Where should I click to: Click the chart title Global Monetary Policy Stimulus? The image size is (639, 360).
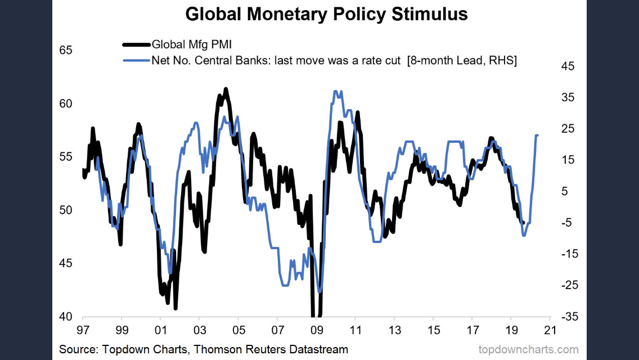pos(326,14)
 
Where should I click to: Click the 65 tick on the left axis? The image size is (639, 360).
pos(66,50)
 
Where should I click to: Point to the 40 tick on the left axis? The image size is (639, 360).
pos(66,317)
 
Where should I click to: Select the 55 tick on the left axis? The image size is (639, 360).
pos(66,156)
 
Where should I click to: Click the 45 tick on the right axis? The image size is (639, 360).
pos(568,66)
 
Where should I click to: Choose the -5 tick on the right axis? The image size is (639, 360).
pos(568,223)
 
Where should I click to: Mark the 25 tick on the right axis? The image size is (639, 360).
pos(568,129)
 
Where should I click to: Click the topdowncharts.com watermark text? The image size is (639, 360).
pos(528,349)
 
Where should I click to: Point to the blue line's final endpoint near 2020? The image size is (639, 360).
pos(538,135)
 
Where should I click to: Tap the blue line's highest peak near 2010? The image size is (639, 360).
pos(336,91)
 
